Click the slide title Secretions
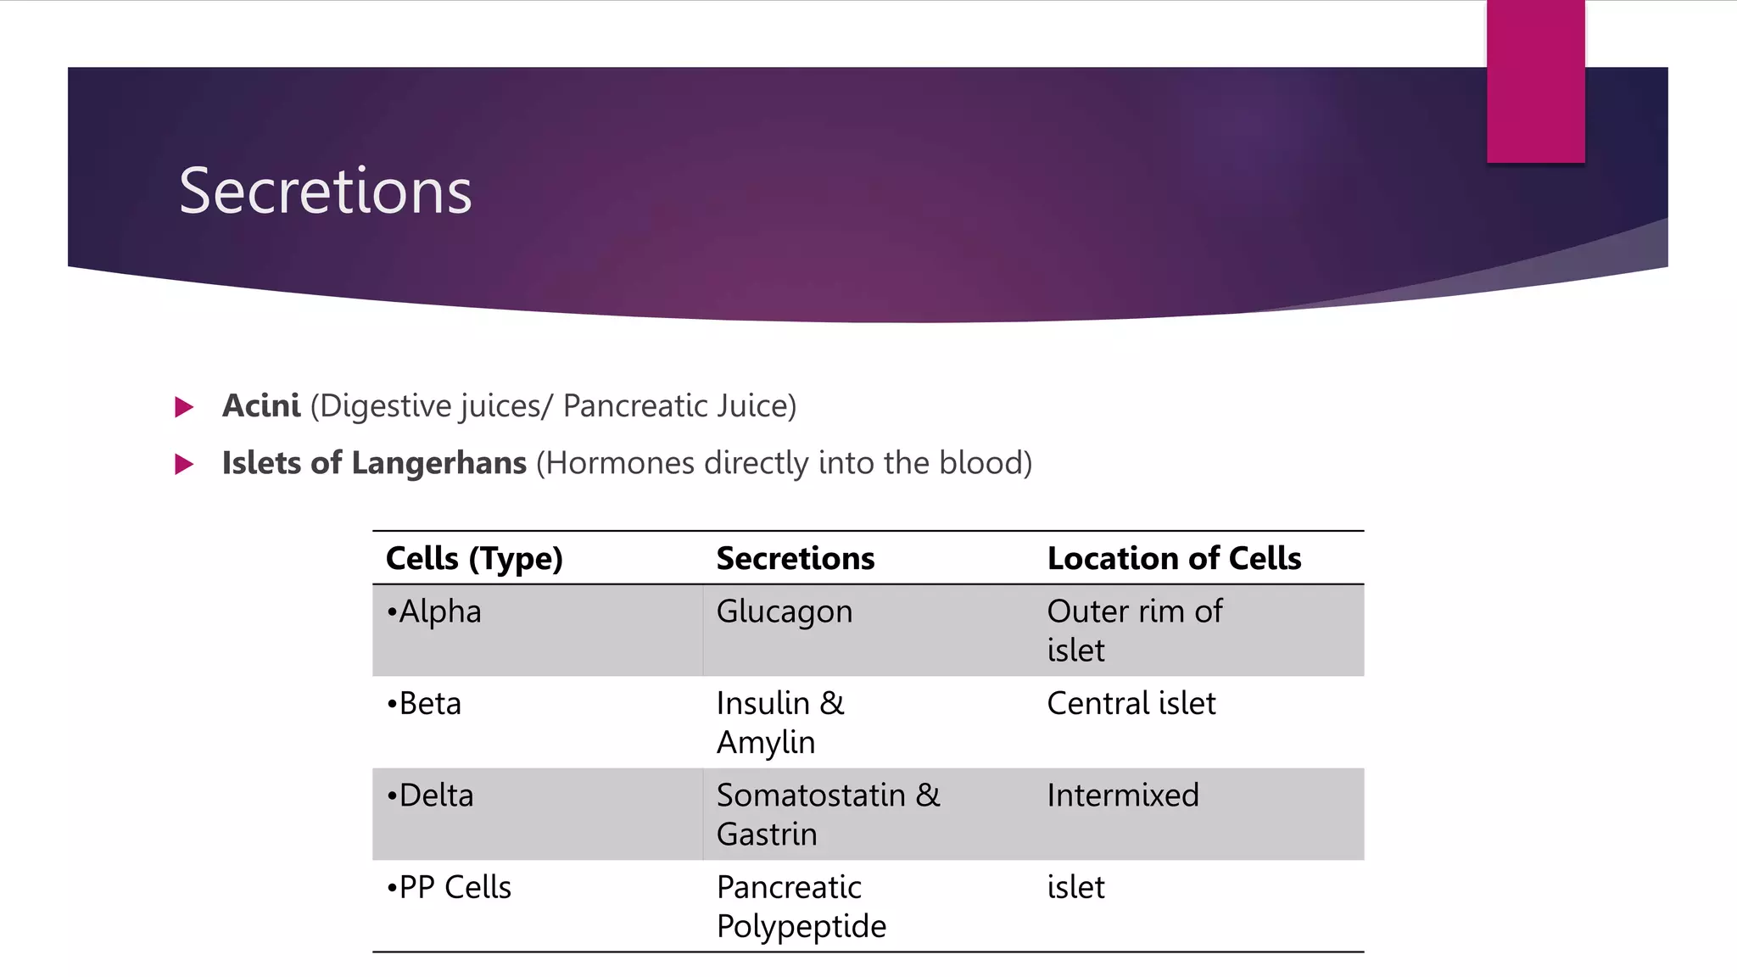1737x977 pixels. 325,192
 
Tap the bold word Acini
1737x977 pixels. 260,406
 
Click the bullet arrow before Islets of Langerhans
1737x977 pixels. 184,464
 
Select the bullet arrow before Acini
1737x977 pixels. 184,407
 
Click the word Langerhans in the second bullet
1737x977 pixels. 438,463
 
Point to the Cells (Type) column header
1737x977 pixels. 474,559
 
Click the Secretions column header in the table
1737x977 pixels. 795,559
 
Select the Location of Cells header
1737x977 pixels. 1174,559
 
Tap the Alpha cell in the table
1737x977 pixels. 434,611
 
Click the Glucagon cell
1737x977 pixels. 784,612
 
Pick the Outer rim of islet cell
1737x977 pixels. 1134,630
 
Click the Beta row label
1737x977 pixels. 424,704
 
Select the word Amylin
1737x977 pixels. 765,743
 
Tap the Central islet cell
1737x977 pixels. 1131,704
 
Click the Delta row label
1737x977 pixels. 430,796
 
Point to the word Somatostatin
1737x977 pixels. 811,796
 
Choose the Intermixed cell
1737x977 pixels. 1122,796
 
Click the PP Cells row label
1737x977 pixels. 449,888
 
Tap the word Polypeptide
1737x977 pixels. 801,927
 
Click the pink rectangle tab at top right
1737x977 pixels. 1535,81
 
